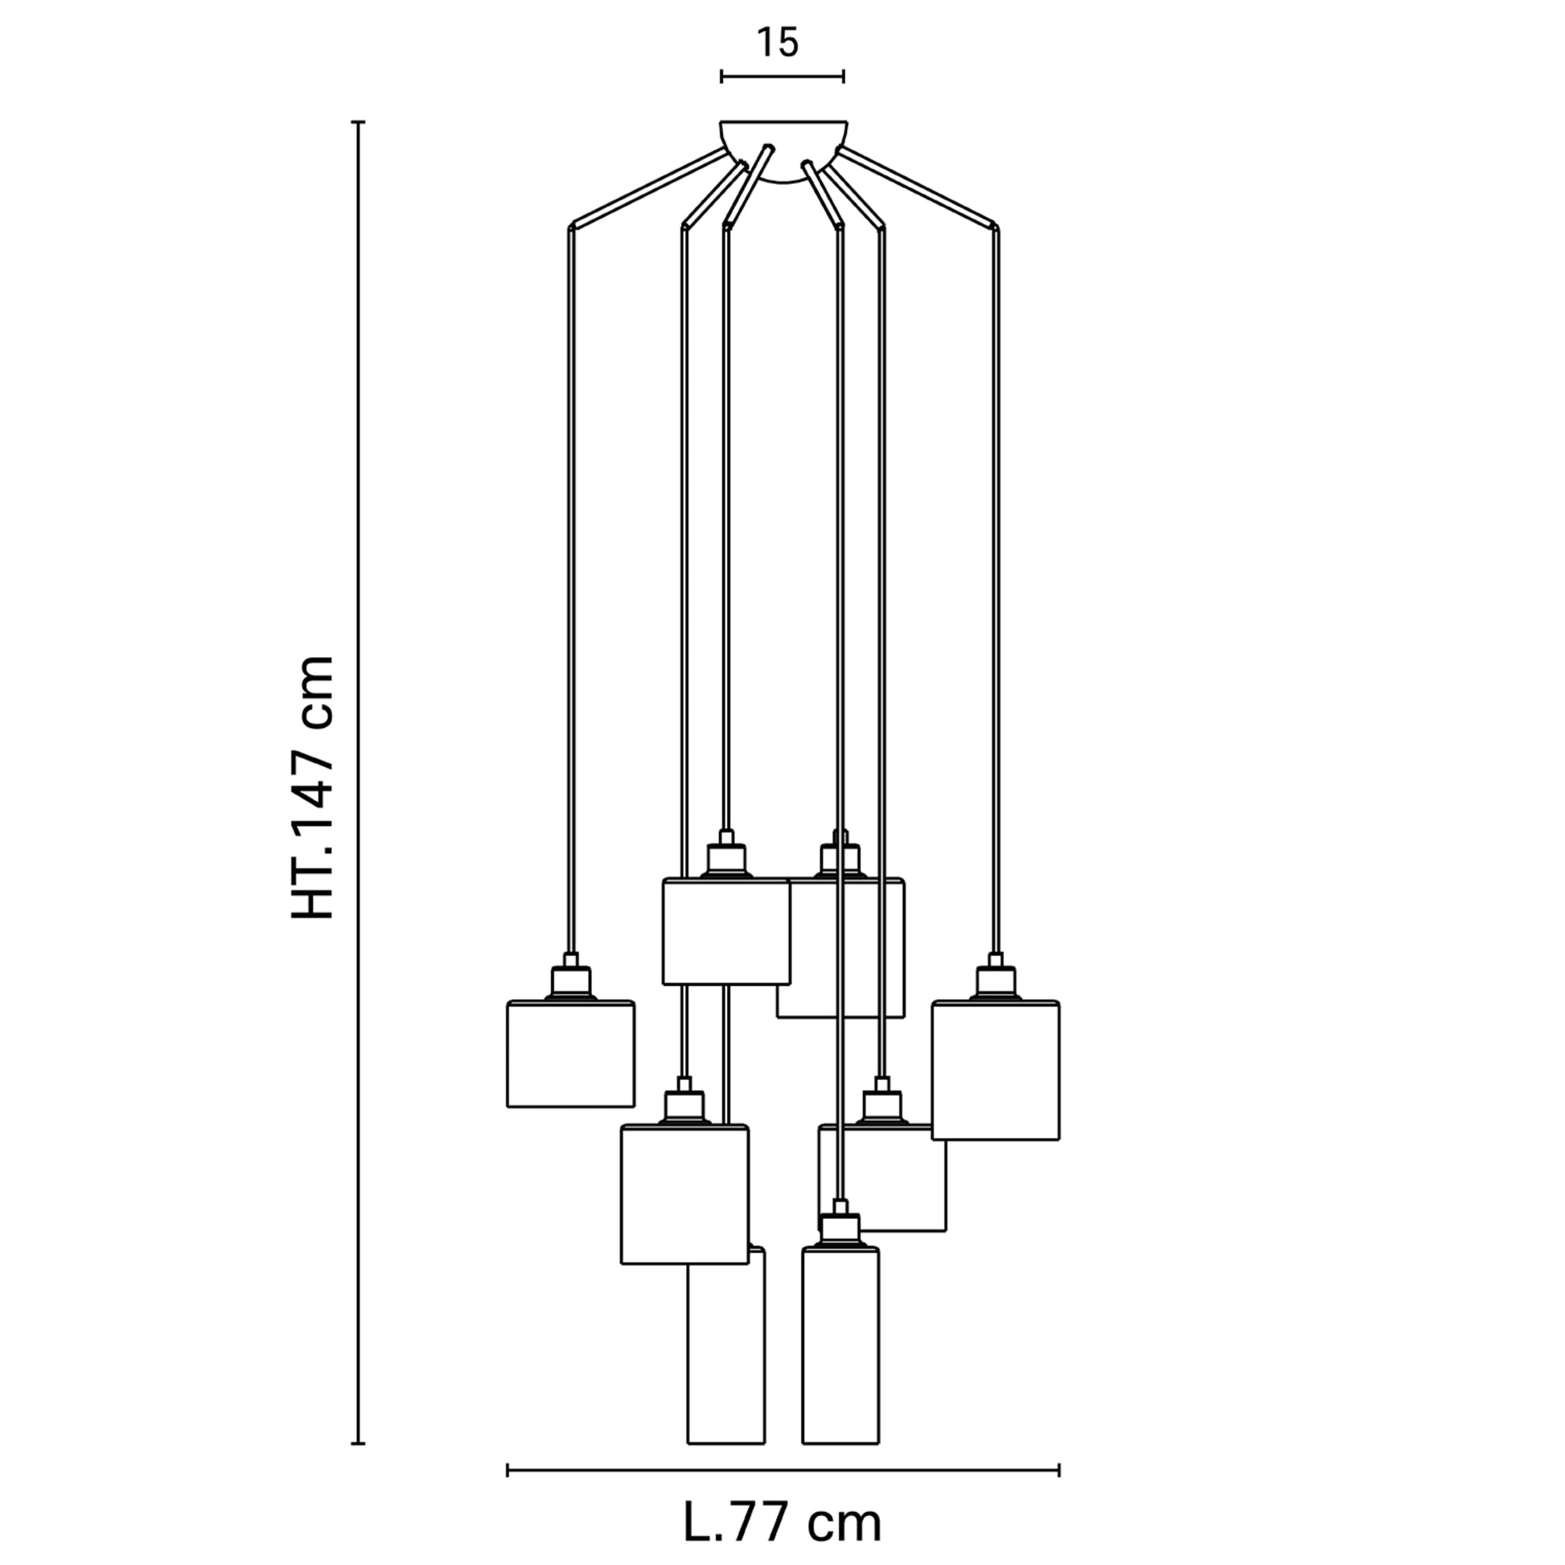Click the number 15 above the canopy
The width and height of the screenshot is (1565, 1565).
coord(778,42)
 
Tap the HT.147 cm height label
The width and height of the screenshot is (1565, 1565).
coord(313,787)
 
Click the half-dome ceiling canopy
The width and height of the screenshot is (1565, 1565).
coord(783,151)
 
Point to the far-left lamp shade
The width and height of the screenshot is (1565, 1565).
coord(570,1054)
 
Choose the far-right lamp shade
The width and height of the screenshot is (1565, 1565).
coord(996,1070)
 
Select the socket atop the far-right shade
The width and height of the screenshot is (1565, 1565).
coord(996,978)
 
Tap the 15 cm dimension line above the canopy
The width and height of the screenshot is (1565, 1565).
coord(782,77)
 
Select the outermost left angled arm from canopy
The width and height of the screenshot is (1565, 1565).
coord(648,187)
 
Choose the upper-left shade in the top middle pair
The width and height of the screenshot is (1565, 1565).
coord(725,931)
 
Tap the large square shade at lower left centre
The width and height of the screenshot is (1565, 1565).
coord(684,1194)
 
